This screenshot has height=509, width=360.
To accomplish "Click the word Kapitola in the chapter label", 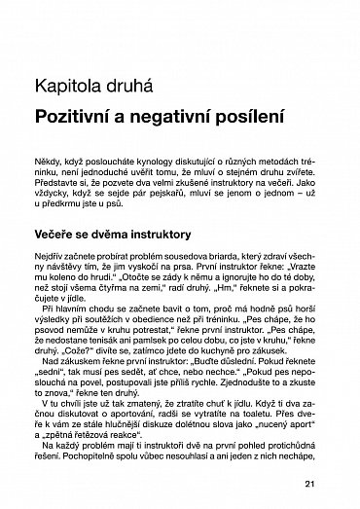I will point(68,85).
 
